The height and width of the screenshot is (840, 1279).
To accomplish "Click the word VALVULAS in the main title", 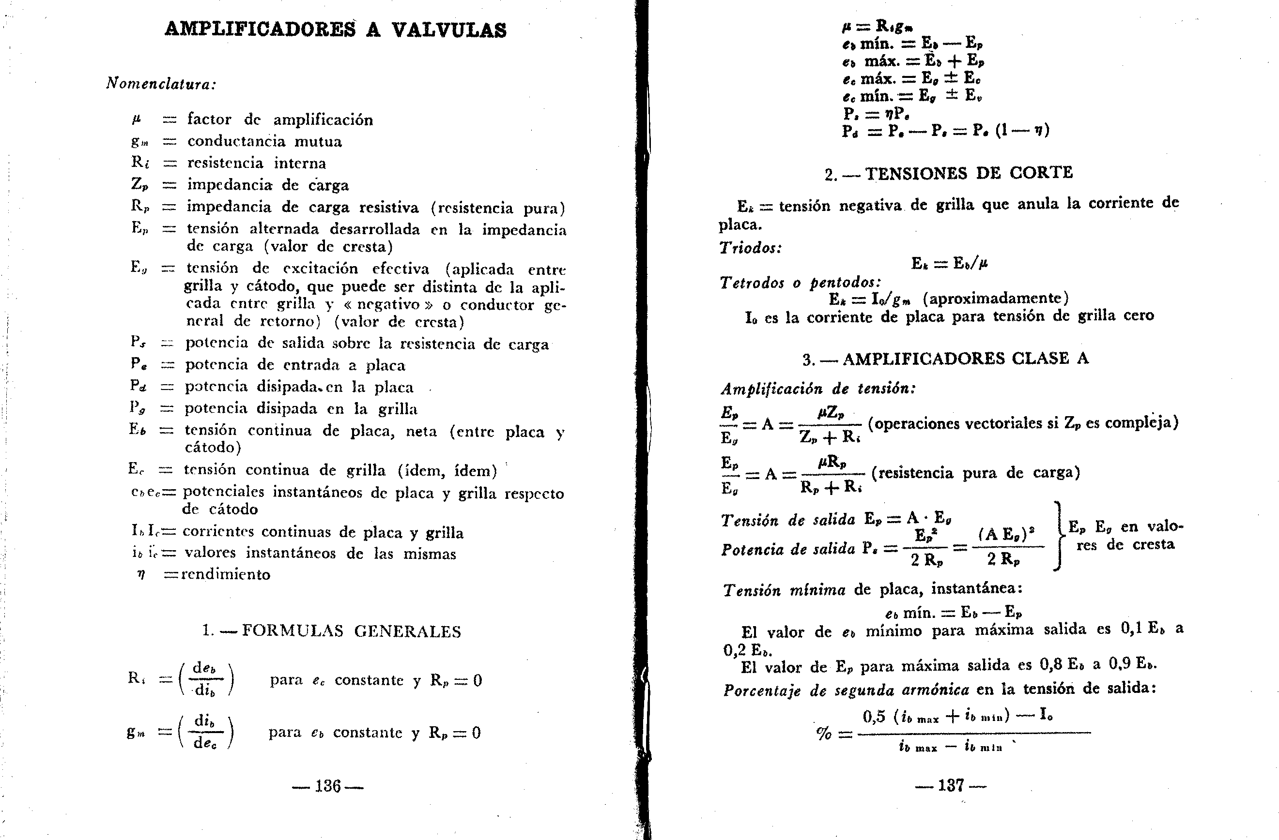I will coord(449,30).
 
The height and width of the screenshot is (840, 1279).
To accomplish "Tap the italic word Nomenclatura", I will coord(161,84).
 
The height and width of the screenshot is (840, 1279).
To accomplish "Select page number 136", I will coord(328,786).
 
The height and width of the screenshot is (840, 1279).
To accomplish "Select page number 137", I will coord(951,785).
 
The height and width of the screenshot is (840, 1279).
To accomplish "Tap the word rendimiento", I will coord(226,574).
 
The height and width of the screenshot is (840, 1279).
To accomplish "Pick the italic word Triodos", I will coord(750,248).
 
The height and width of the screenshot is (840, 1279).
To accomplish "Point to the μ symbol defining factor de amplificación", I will coord(137,119).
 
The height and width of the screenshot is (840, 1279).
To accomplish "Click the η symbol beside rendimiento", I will coord(141,574).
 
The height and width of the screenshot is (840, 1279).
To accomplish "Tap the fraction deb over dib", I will coord(204,679).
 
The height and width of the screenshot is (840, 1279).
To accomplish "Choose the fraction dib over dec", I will coord(204,732).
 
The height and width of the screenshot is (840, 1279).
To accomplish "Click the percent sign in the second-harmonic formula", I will coord(823,733).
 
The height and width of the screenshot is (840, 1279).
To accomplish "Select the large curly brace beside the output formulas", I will coord(1058,536).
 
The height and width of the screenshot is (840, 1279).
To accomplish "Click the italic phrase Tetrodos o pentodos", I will coord(800,283).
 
